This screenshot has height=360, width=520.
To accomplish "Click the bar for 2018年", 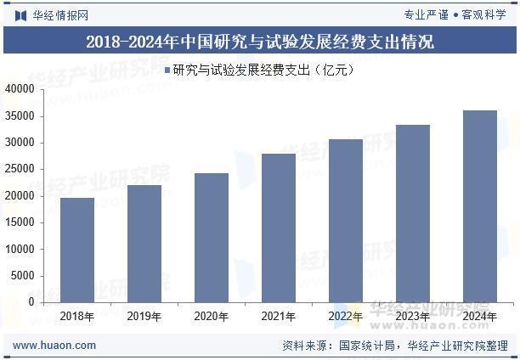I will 77,250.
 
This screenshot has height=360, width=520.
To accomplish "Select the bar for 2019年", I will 144,244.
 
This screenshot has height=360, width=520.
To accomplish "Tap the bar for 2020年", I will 212,238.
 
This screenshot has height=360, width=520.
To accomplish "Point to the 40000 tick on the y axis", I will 20,89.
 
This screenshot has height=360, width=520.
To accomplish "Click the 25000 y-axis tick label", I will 20,169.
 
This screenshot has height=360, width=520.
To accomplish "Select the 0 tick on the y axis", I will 31,302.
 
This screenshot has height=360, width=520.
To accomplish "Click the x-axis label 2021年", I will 279,317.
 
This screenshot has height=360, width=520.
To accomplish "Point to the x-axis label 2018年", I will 77,317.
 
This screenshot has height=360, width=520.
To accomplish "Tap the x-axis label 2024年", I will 480,317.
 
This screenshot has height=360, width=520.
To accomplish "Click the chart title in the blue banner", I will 260,42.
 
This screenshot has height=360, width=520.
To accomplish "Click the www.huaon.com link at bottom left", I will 54,346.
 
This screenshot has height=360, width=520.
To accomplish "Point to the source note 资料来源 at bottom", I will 394,346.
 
